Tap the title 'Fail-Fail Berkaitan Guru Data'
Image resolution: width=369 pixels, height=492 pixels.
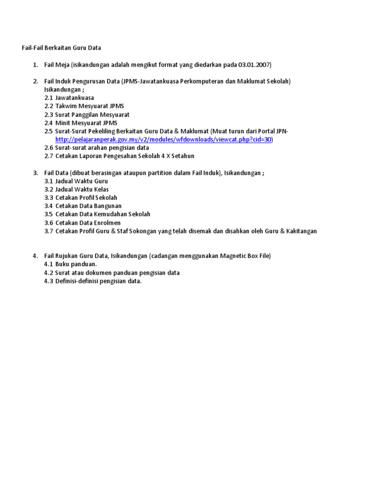tap(61, 48)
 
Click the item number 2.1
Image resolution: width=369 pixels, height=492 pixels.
tap(49, 98)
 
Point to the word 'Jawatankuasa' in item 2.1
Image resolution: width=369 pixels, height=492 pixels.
tap(74, 98)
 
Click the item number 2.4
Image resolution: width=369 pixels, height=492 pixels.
tap(49, 123)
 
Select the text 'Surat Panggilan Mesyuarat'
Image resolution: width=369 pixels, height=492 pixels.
tap(92, 114)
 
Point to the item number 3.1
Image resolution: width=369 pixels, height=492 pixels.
tap(49, 181)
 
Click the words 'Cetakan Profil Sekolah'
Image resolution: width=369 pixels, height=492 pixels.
tap(86, 197)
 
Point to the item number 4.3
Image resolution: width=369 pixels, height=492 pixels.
tap(49, 281)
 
